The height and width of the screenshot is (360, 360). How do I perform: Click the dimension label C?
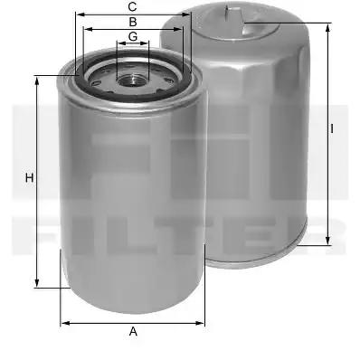132,6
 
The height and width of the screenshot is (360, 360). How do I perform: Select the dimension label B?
133,22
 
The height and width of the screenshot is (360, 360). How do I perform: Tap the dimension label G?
133,36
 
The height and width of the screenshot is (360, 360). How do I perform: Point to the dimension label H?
29,178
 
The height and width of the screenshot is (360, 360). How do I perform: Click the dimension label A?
133,331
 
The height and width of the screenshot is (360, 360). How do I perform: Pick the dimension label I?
332,128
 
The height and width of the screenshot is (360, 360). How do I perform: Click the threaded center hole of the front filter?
132,80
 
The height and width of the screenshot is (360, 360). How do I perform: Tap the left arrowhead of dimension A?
65,323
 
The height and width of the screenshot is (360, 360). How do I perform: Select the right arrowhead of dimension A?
200,323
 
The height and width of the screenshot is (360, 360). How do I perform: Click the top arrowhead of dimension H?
37,81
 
